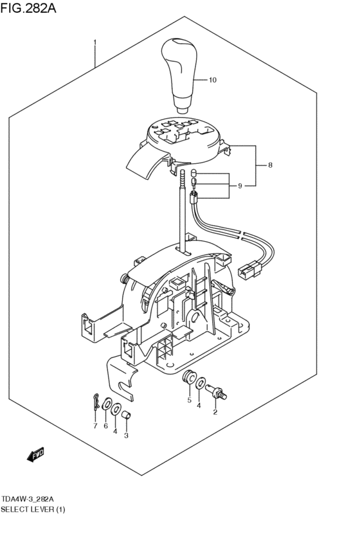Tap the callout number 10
point(213,80)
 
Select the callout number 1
point(95,43)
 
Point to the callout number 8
point(270,165)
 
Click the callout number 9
point(240,186)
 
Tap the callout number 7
point(94,426)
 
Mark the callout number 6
point(105,426)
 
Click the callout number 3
point(126,436)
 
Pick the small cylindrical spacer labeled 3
point(127,415)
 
